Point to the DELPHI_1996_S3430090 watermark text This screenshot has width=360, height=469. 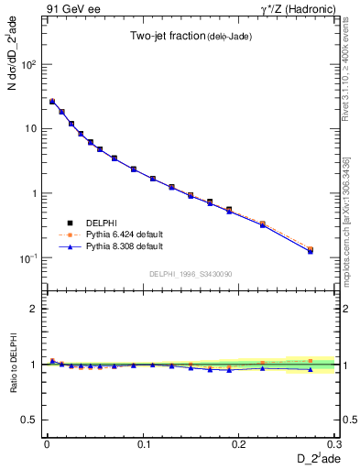coord(191,274)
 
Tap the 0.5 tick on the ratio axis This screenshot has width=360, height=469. coord(30,420)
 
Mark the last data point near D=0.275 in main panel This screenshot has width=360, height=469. coord(311,249)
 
